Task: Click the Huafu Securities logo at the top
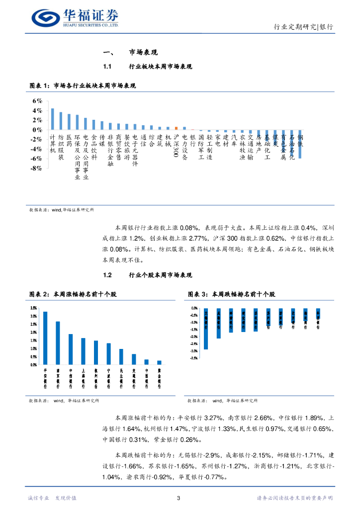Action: click(75, 18)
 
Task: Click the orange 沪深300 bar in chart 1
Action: click(176, 128)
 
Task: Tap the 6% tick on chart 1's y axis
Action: click(37, 100)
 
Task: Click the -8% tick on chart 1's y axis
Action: click(36, 169)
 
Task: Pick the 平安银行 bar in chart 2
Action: click(45, 338)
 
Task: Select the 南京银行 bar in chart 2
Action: click(58, 343)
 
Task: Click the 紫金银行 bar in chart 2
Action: click(159, 362)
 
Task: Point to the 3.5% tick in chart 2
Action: click(33, 308)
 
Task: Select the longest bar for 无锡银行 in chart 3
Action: click(206, 329)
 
